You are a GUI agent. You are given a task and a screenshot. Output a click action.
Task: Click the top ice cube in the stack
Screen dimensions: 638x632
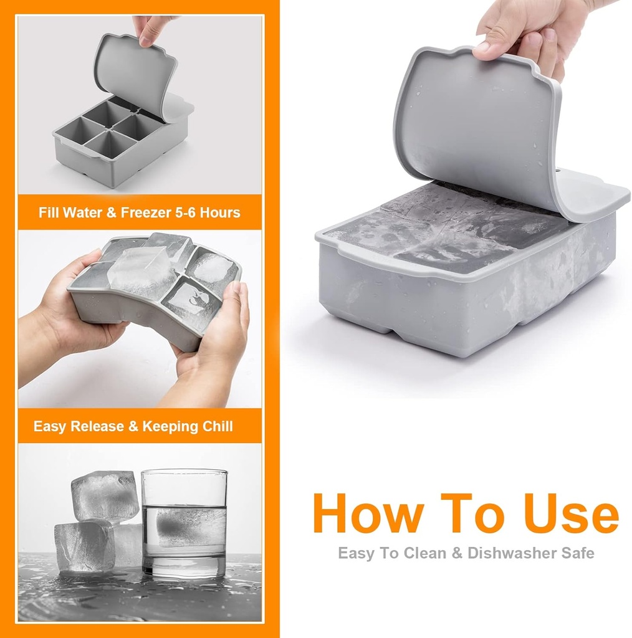pos(104,495)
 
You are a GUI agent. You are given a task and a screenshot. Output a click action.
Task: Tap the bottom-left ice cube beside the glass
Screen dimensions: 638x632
pos(84,546)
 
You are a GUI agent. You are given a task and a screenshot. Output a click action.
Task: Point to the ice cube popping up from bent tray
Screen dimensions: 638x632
pos(141,272)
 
